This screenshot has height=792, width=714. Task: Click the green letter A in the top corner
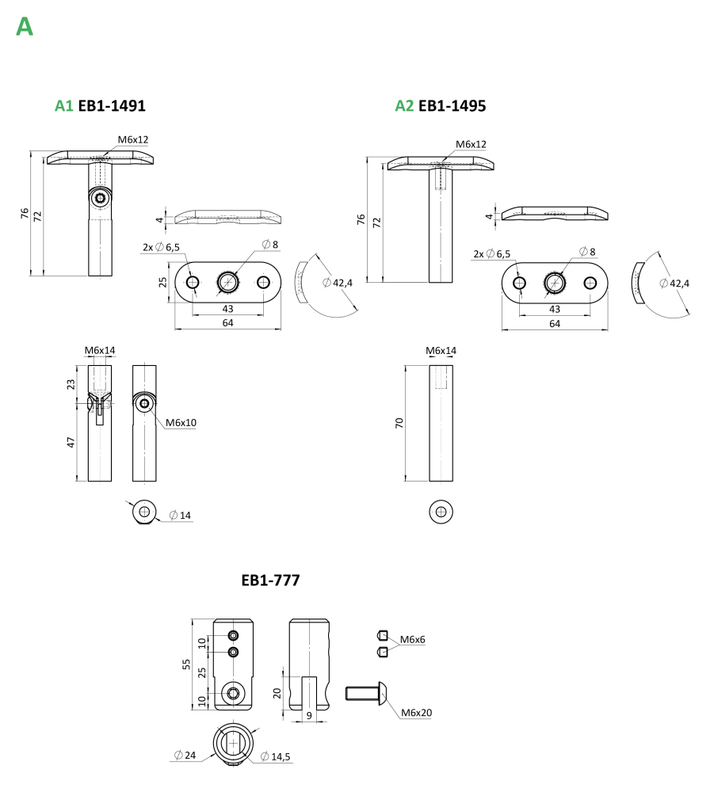coord(24,27)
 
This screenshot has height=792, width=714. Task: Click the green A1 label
coord(63,106)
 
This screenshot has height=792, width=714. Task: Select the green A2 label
coord(404,106)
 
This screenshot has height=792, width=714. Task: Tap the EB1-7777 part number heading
coord(269,581)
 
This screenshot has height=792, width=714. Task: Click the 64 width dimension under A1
coord(227,323)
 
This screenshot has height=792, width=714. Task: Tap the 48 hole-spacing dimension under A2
coord(555,308)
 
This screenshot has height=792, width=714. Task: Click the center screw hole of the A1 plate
coord(228,281)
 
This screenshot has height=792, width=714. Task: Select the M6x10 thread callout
coord(181,423)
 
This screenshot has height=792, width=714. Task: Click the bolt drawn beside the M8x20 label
coord(365,693)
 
